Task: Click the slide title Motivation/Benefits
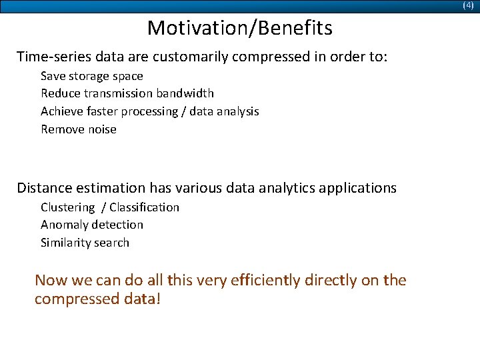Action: point(239,28)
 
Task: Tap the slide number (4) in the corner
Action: point(468,5)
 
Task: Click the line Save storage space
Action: point(91,76)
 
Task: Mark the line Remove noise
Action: point(78,129)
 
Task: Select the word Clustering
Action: point(67,207)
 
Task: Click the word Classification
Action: point(145,207)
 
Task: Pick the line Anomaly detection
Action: point(91,225)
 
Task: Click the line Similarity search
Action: point(85,243)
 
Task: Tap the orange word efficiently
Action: point(265,281)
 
